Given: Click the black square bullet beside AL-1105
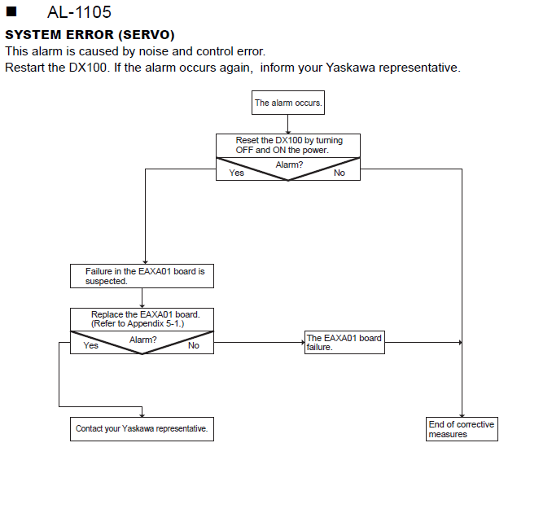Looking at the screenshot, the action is [11, 11].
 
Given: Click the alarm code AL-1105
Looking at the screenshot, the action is [79, 12].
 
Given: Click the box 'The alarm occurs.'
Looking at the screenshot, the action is [288, 103].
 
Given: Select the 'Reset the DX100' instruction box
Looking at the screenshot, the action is [288, 146].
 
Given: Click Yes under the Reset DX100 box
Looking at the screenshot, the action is [237, 173].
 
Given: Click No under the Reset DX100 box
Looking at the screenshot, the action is [340, 173].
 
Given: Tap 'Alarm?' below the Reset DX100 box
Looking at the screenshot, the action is [289, 164].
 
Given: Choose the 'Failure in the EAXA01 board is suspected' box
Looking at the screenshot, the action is [142, 276].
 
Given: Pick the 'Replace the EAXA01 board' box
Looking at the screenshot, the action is [142, 320].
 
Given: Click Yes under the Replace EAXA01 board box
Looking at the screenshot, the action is [91, 345].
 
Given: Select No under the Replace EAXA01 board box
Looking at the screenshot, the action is [194, 345].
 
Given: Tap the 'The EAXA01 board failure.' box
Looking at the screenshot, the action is [344, 342].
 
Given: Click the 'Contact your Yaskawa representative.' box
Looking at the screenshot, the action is [142, 429].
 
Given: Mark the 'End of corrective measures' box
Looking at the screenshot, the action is [462, 429].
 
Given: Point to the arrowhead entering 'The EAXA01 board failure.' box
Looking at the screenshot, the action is [303, 342].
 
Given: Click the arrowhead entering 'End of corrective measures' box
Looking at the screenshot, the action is [462, 415].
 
